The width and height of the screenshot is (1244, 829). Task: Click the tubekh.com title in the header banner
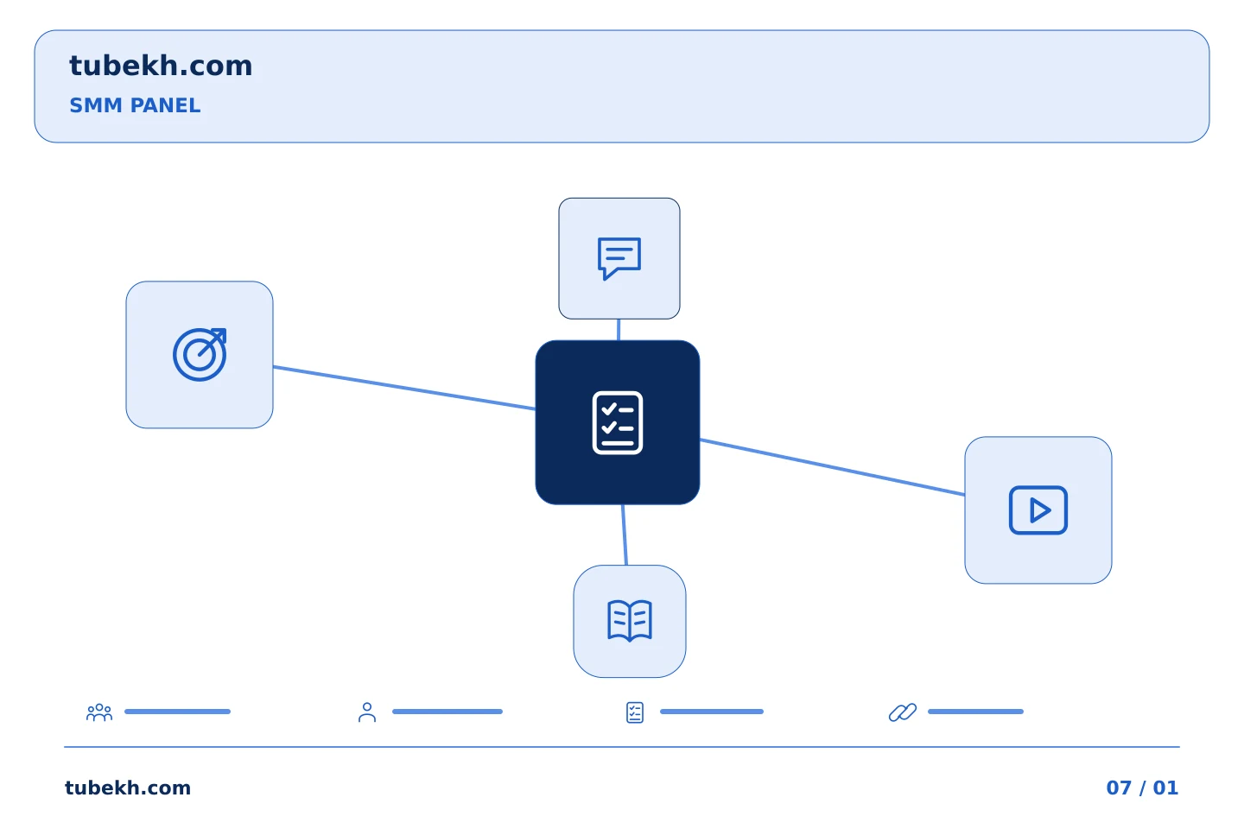pyautogui.click(x=161, y=66)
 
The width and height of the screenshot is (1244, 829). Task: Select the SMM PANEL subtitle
pyautogui.click(x=135, y=105)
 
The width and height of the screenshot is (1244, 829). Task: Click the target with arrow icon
pyautogui.click(x=200, y=354)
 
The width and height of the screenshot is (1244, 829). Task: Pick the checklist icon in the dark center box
pyautogui.click(x=618, y=422)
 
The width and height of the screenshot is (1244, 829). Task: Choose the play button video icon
pyautogui.click(x=1038, y=510)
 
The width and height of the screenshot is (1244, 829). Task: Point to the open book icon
pyautogui.click(x=630, y=621)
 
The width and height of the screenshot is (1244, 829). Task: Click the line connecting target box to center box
pyautogui.click(x=404, y=388)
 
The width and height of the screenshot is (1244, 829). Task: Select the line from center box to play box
pyautogui.click(x=832, y=467)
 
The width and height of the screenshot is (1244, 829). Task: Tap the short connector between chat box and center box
pyautogui.click(x=619, y=330)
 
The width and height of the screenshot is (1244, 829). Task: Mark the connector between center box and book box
pyautogui.click(x=625, y=535)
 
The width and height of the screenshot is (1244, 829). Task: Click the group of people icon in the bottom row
pyautogui.click(x=99, y=712)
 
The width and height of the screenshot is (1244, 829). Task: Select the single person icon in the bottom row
pyautogui.click(x=367, y=712)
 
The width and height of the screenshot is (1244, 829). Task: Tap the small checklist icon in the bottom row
pyautogui.click(x=635, y=712)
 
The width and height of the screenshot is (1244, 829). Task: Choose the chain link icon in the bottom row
pyautogui.click(x=903, y=712)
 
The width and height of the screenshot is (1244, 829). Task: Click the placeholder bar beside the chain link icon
pyautogui.click(x=975, y=712)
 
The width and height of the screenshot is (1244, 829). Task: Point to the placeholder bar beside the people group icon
pyautogui.click(x=177, y=712)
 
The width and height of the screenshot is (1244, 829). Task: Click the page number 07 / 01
pyautogui.click(x=1142, y=788)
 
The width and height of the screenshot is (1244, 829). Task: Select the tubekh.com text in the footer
pyautogui.click(x=128, y=788)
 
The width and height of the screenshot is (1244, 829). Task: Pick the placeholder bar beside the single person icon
pyautogui.click(x=447, y=712)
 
